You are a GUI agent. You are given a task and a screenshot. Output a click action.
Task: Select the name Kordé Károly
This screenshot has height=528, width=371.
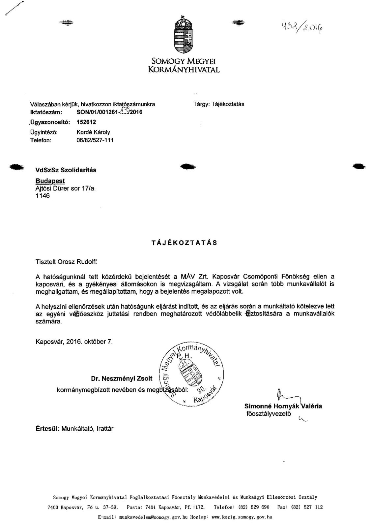(x=93, y=132)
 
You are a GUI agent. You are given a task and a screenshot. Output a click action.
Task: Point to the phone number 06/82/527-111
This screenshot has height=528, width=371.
(x=95, y=140)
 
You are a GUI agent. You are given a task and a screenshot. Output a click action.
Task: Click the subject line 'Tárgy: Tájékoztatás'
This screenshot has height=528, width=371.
(x=218, y=104)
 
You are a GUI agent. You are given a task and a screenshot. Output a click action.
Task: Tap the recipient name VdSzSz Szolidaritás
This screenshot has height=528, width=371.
(x=66, y=170)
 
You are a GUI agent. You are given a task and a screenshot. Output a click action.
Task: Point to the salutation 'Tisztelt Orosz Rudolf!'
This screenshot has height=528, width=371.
(x=66, y=262)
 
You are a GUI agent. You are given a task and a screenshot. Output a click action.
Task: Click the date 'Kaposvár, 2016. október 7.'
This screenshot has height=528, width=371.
(x=74, y=342)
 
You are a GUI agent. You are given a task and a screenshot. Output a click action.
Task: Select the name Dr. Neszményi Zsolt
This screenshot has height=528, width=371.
(x=122, y=379)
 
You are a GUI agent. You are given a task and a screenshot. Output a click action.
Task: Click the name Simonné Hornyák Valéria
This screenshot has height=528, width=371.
(x=283, y=406)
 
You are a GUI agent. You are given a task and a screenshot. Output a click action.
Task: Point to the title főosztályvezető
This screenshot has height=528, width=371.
(x=269, y=413)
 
